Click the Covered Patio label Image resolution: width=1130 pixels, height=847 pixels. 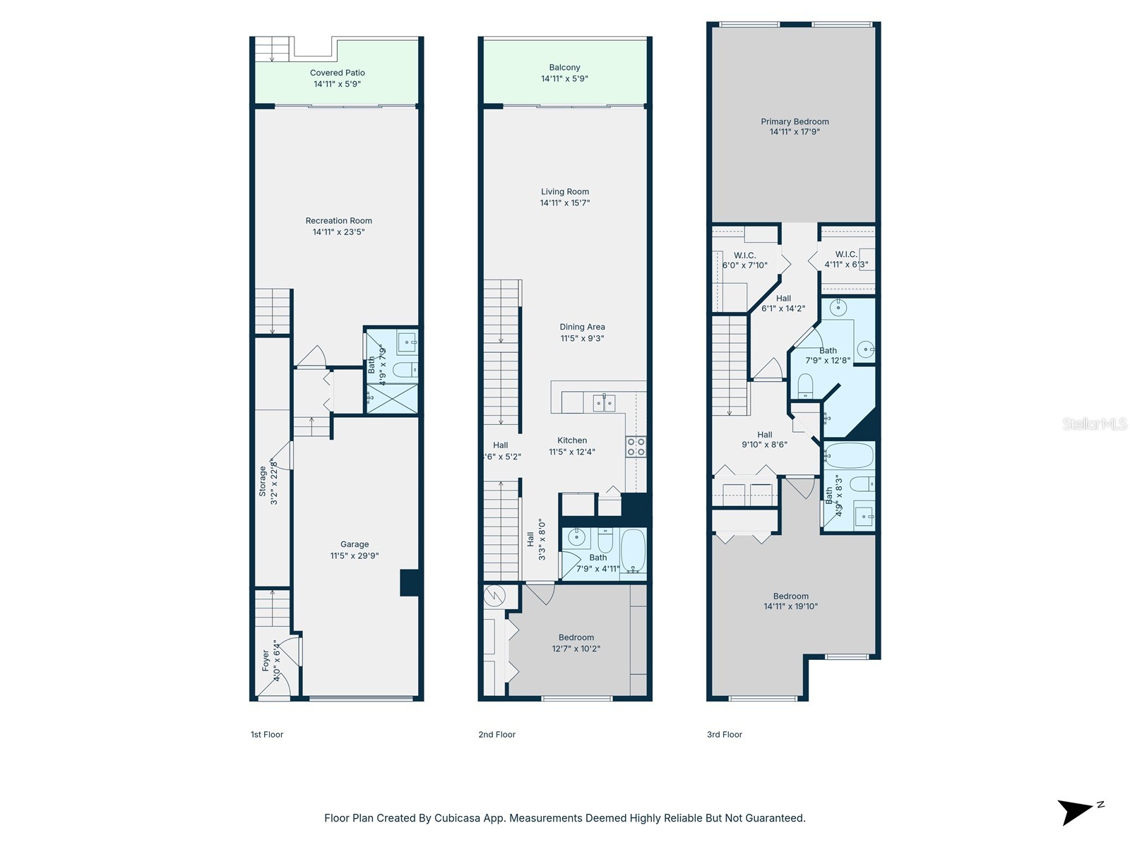click(337, 73)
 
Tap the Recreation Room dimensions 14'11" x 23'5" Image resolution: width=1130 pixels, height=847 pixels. click(338, 232)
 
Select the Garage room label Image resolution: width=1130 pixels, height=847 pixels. click(355, 544)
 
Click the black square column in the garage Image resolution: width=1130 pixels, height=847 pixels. click(410, 583)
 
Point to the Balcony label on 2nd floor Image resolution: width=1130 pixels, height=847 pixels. click(564, 68)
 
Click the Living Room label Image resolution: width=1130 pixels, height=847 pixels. click(564, 191)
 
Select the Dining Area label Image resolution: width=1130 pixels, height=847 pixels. click(582, 327)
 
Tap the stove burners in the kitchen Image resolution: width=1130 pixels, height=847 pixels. click(636, 447)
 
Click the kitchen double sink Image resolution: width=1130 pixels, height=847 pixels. click(604, 403)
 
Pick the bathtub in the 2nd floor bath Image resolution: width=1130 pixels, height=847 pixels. click(633, 551)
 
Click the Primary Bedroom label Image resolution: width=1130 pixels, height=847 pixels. click(795, 121)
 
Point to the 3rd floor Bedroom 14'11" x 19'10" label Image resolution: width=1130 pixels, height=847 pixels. click(790, 596)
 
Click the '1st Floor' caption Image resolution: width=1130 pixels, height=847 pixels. click(266, 735)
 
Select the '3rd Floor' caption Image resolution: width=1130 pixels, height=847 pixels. click(724, 735)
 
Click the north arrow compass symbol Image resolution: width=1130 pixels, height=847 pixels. click(1076, 812)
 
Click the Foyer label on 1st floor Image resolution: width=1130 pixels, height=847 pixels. click(266, 661)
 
